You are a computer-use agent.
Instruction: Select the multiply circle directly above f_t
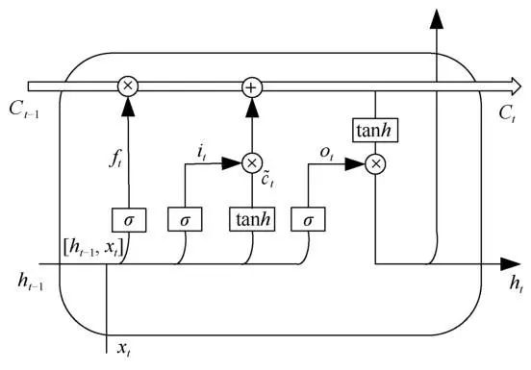(128, 86)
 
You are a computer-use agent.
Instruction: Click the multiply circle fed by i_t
(251, 164)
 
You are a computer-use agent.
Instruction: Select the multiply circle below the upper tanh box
(376, 164)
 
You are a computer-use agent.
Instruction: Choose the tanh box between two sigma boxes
(251, 219)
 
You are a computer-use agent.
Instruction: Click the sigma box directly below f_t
(128, 219)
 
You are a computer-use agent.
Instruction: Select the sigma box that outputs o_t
(308, 219)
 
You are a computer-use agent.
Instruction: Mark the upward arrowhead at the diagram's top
(438, 15)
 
